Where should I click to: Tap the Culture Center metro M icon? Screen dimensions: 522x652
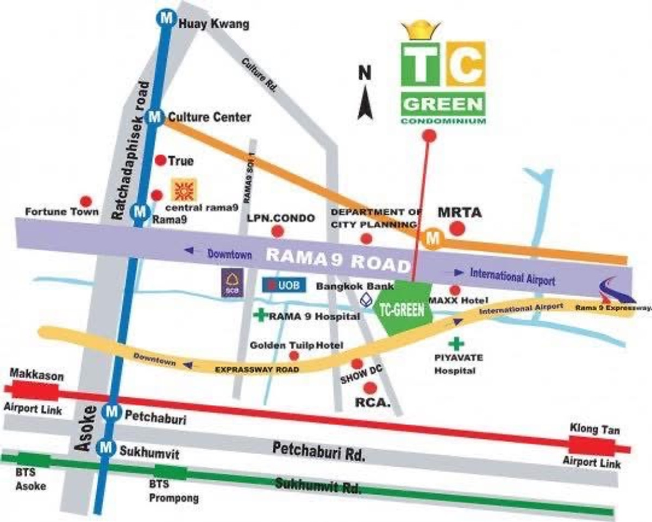(x=156, y=117)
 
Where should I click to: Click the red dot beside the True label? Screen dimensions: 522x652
(x=160, y=161)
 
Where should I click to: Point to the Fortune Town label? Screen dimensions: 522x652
(x=62, y=212)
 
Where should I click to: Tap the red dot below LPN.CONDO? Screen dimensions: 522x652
(x=278, y=232)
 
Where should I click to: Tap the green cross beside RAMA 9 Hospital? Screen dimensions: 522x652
(x=262, y=315)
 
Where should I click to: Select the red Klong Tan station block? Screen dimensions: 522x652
(x=592, y=446)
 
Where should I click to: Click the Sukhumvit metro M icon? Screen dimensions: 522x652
(x=105, y=448)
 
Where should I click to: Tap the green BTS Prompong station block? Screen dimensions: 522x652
(x=172, y=470)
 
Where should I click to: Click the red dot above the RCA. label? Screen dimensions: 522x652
(x=371, y=387)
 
